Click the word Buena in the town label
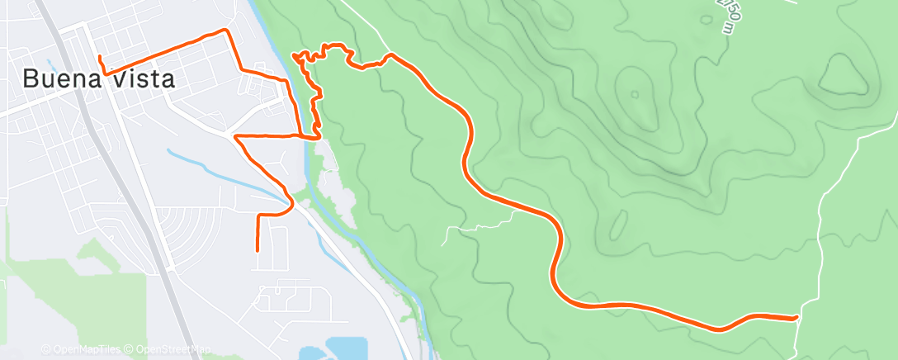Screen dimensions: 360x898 tap(59, 79)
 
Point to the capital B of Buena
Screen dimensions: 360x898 tap(31, 79)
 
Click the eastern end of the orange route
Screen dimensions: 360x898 tap(796, 317)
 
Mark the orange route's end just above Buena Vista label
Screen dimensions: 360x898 tap(99, 57)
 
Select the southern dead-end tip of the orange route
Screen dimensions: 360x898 tap(258, 249)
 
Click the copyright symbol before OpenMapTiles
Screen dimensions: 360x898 tap(45, 349)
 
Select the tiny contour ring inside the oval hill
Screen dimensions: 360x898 tap(634, 93)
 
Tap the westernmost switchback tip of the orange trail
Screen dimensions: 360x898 tap(295, 55)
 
